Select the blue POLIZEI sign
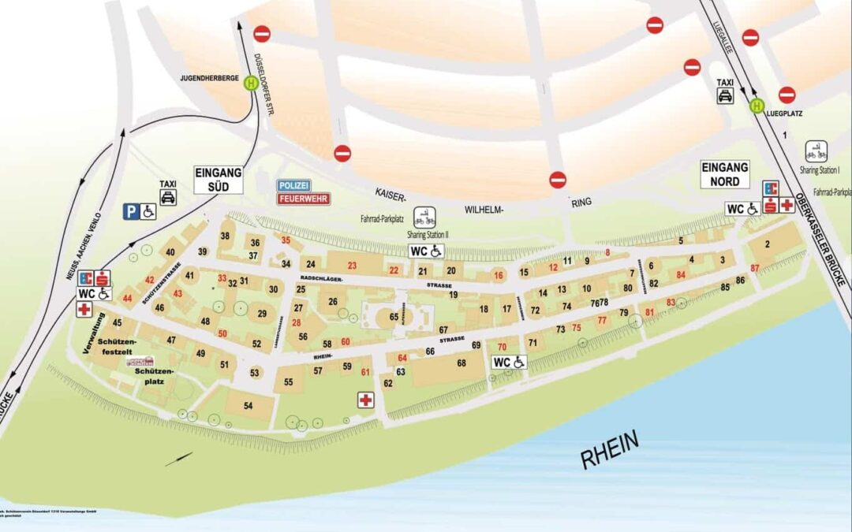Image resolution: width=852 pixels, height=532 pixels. [x=293, y=185]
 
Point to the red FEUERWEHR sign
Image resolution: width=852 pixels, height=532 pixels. [x=303, y=199]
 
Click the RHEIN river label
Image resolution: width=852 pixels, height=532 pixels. [x=611, y=450]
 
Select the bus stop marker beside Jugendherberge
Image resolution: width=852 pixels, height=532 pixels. [x=251, y=83]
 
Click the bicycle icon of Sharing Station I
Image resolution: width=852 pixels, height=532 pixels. [x=816, y=151]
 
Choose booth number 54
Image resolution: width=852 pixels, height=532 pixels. [x=248, y=405]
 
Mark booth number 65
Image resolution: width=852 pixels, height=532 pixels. [x=394, y=316]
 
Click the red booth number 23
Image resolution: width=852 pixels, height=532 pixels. [x=352, y=265]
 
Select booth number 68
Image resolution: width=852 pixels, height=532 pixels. [x=461, y=363]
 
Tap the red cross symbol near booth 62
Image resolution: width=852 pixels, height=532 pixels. [x=365, y=400]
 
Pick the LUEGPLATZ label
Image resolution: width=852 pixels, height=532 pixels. [x=784, y=113]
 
